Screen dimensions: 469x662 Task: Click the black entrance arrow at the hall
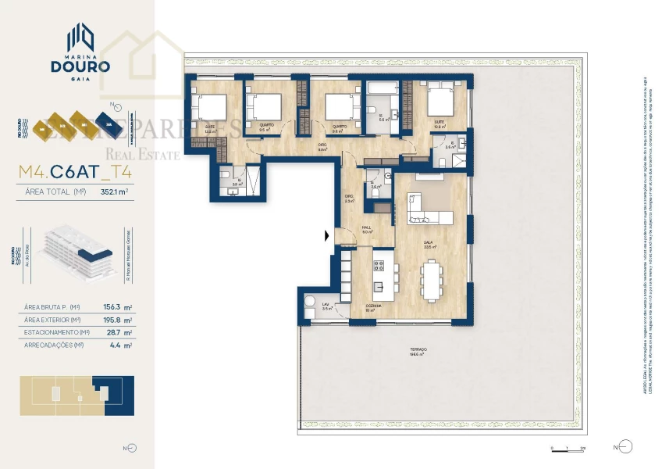pyautogui.click(x=328, y=234)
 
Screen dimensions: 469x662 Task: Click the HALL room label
pyautogui.click(x=365, y=228)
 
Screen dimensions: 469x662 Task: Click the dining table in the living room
pyautogui.click(x=431, y=277)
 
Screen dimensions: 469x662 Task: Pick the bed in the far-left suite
pyautogui.click(x=210, y=107)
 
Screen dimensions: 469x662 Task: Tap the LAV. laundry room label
pyautogui.click(x=326, y=305)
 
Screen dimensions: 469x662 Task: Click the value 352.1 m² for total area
pyautogui.click(x=114, y=190)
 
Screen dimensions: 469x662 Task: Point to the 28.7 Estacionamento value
pyautogui.click(x=116, y=332)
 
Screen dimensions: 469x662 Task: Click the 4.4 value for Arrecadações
pyautogui.click(x=119, y=345)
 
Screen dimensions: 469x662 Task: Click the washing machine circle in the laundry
pyautogui.click(x=309, y=303)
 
